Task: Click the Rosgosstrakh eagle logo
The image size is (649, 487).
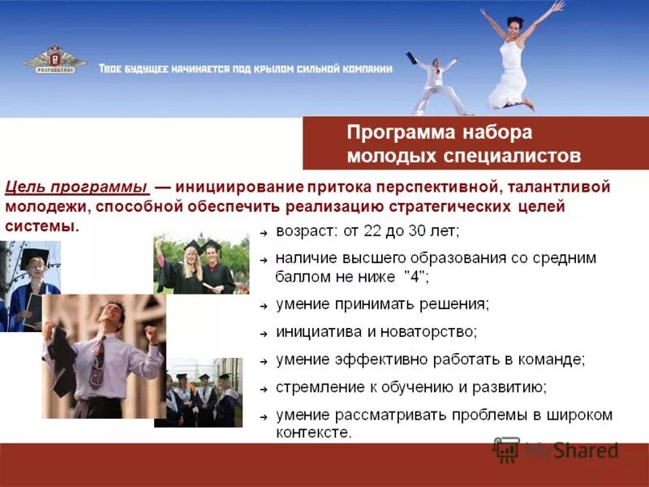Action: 54,62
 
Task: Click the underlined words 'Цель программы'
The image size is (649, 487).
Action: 76,187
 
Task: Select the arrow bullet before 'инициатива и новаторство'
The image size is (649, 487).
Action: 264,334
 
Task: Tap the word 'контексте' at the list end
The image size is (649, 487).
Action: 313,433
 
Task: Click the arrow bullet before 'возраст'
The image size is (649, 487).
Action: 264,233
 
